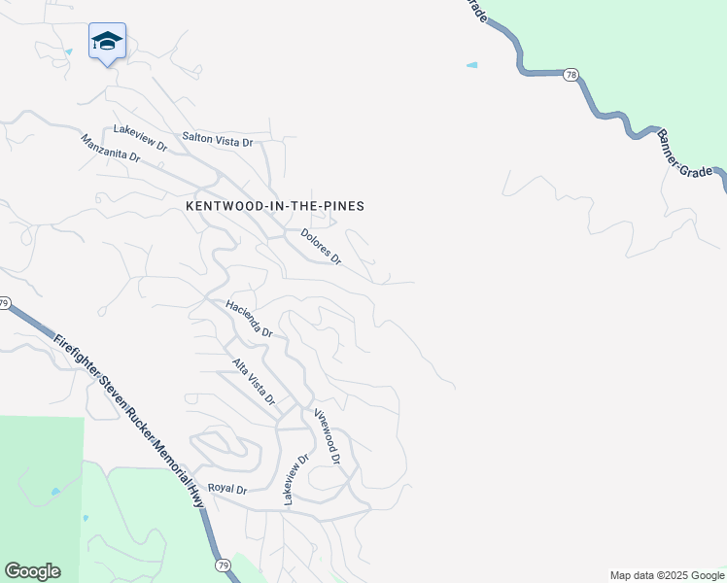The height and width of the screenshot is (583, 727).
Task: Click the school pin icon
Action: pyautogui.click(x=107, y=42)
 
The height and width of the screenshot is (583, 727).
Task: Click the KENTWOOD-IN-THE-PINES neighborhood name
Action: pyautogui.click(x=275, y=206)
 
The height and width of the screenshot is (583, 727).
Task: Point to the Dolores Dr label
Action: pyautogui.click(x=321, y=247)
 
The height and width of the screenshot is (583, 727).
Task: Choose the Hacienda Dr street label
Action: pyautogui.click(x=249, y=318)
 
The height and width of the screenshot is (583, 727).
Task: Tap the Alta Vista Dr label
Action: pyautogui.click(x=254, y=381)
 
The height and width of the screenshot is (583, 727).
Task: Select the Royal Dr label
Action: pyautogui.click(x=228, y=490)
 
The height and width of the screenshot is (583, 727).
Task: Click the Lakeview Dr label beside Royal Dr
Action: pyautogui.click(x=295, y=479)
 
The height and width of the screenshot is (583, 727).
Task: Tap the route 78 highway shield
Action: pyautogui.click(x=571, y=74)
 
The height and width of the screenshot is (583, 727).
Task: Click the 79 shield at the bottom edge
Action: pyautogui.click(x=223, y=565)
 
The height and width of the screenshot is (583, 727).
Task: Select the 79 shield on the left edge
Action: pyautogui.click(x=4, y=304)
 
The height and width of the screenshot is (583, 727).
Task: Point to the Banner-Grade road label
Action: pyautogui.click(x=691, y=154)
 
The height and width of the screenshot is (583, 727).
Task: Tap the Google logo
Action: pyautogui.click(x=32, y=571)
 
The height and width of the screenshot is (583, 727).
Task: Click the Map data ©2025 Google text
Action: pyautogui.click(x=666, y=575)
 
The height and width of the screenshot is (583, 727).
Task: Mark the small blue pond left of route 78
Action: pyautogui.click(x=472, y=65)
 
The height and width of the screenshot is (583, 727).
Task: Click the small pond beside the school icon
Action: pyautogui.click(x=68, y=51)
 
